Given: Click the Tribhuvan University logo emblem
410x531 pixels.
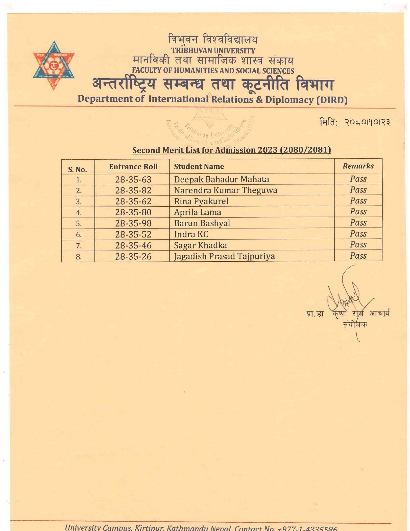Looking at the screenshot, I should [x=54, y=65].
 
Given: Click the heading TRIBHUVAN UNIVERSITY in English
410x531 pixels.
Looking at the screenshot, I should [x=213, y=51].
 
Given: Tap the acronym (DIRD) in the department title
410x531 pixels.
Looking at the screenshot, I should [x=332, y=100].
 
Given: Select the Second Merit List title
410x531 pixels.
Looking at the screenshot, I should [x=232, y=150].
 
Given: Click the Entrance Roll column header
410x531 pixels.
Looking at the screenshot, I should [x=133, y=167].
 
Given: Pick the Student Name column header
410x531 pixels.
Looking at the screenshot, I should [x=199, y=167].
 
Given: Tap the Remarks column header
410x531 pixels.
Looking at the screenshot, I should [x=358, y=166].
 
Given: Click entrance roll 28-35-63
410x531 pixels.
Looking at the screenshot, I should [x=133, y=179].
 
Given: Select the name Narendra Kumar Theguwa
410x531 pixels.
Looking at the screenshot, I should [x=225, y=190].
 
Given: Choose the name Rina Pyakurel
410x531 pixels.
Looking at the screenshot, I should [x=201, y=201].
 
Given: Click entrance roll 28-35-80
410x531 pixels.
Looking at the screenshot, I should [x=133, y=212].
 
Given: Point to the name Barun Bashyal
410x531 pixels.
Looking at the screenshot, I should [x=202, y=223].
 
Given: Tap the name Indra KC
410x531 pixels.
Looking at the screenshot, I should [x=191, y=234].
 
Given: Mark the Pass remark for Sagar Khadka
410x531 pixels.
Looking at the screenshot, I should [x=358, y=245].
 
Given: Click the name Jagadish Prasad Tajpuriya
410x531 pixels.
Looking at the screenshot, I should [x=224, y=256].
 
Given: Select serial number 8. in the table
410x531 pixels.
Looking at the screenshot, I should [x=79, y=257].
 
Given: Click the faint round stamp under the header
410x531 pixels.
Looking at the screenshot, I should [x=211, y=129].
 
